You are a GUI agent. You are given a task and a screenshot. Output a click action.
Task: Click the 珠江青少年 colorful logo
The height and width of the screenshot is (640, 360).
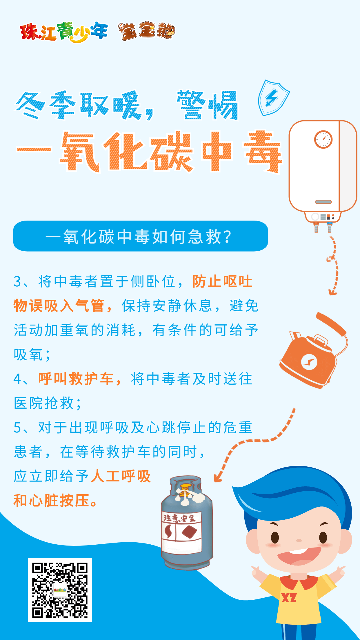point(64,32)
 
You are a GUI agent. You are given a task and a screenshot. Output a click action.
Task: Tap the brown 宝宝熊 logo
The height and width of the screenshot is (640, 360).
point(147,31)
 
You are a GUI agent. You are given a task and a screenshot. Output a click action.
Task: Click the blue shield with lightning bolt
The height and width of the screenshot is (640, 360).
point(273,98)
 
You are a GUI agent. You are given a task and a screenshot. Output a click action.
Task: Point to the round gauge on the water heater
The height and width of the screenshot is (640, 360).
point(323,139)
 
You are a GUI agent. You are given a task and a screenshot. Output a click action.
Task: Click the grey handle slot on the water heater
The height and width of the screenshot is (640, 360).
point(323,202)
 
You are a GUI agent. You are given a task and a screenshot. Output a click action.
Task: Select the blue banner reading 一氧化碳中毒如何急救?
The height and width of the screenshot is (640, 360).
point(141,236)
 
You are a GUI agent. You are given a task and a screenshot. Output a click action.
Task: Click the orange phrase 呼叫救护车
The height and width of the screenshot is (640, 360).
point(76,379)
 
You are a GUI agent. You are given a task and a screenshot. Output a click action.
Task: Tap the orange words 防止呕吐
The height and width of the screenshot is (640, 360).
point(222,281)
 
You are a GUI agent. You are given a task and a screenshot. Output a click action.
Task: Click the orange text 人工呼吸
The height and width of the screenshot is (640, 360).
point(121,476)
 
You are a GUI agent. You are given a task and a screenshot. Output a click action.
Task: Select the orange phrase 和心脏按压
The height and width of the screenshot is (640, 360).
point(51,500)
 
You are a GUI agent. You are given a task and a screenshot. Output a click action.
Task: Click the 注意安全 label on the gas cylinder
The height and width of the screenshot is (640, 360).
point(179,518)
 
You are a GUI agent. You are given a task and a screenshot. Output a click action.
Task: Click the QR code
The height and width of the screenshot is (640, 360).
point(60,590)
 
